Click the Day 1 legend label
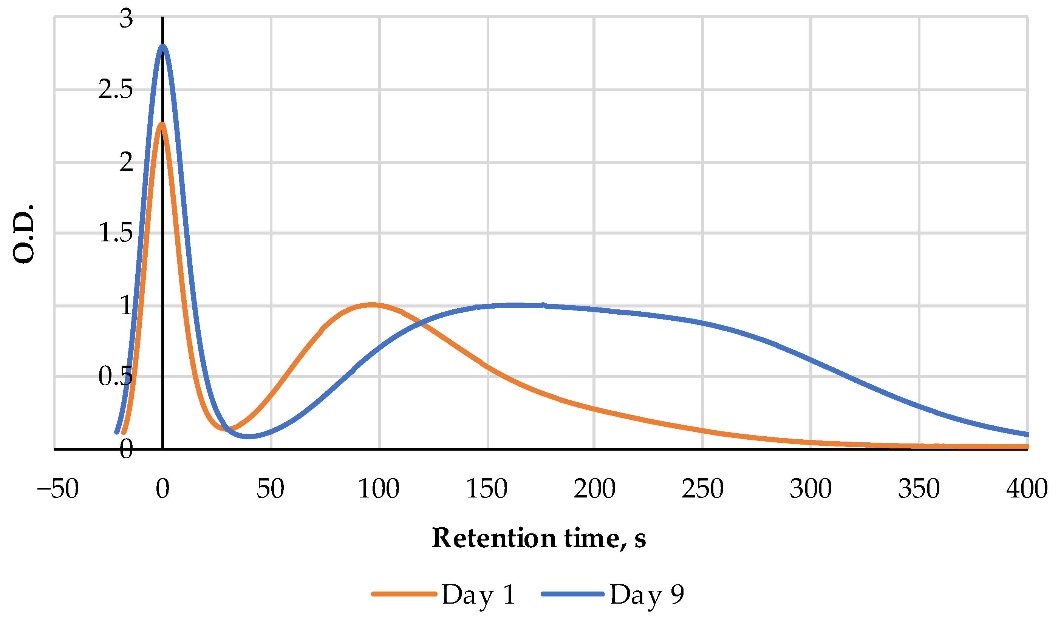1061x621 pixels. (x=479, y=595)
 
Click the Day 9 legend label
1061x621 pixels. (x=647, y=595)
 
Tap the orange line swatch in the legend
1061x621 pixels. (x=404, y=594)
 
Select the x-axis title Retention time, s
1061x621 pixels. (x=538, y=538)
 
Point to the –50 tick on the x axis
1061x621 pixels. (x=58, y=489)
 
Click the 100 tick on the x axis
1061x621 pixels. (x=379, y=489)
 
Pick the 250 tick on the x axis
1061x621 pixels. (x=703, y=489)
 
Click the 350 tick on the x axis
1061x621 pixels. (x=919, y=489)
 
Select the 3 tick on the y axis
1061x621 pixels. (x=126, y=19)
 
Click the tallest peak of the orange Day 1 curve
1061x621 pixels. (x=161, y=124)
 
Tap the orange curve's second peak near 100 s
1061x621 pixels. (x=372, y=304)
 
